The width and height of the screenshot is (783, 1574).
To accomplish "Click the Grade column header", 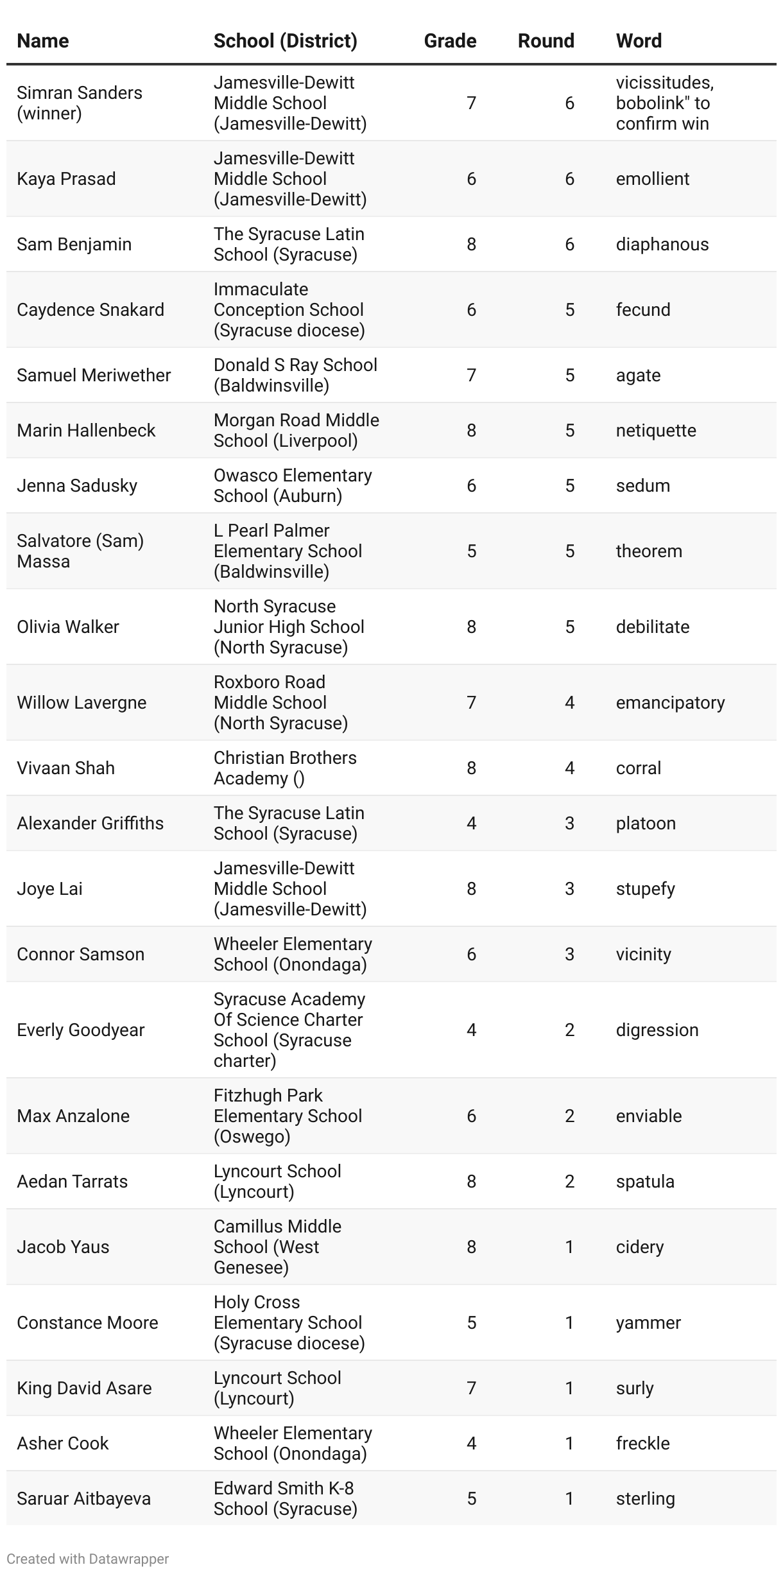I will coord(450,40).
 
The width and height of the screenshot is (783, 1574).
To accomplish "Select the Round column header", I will coord(546,40).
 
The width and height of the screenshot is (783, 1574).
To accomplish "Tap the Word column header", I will coord(639,40).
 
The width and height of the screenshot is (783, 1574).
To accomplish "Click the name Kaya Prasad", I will coord(66,178).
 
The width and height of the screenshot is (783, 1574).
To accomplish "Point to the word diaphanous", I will coord(662,244).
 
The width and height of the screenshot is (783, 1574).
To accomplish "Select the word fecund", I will coord(642,309).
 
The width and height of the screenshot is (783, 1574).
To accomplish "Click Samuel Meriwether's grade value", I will coord(471,375).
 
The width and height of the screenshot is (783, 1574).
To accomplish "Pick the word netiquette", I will coord(655,430).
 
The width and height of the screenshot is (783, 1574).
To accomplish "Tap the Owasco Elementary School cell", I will coord(293,485).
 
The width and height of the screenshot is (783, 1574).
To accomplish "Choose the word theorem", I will coord(648,551).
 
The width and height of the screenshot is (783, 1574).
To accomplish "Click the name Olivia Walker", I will coord(68,627).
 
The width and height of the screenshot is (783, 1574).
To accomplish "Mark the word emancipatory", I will coord(670,702).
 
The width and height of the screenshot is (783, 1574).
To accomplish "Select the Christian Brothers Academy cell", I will coord(285,768).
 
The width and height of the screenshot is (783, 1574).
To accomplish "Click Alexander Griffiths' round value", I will coord(569,823).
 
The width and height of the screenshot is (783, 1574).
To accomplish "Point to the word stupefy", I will coord(645,888).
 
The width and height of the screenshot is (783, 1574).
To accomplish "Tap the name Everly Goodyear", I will coord(80,1030).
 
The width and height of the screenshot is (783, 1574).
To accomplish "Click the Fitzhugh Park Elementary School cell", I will coord(288,1116).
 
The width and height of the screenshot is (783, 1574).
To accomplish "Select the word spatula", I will coord(645,1181).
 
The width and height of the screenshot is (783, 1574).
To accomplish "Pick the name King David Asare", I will coord(84,1388).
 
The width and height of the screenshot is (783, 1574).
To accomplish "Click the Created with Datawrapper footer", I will coord(88,1559).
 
